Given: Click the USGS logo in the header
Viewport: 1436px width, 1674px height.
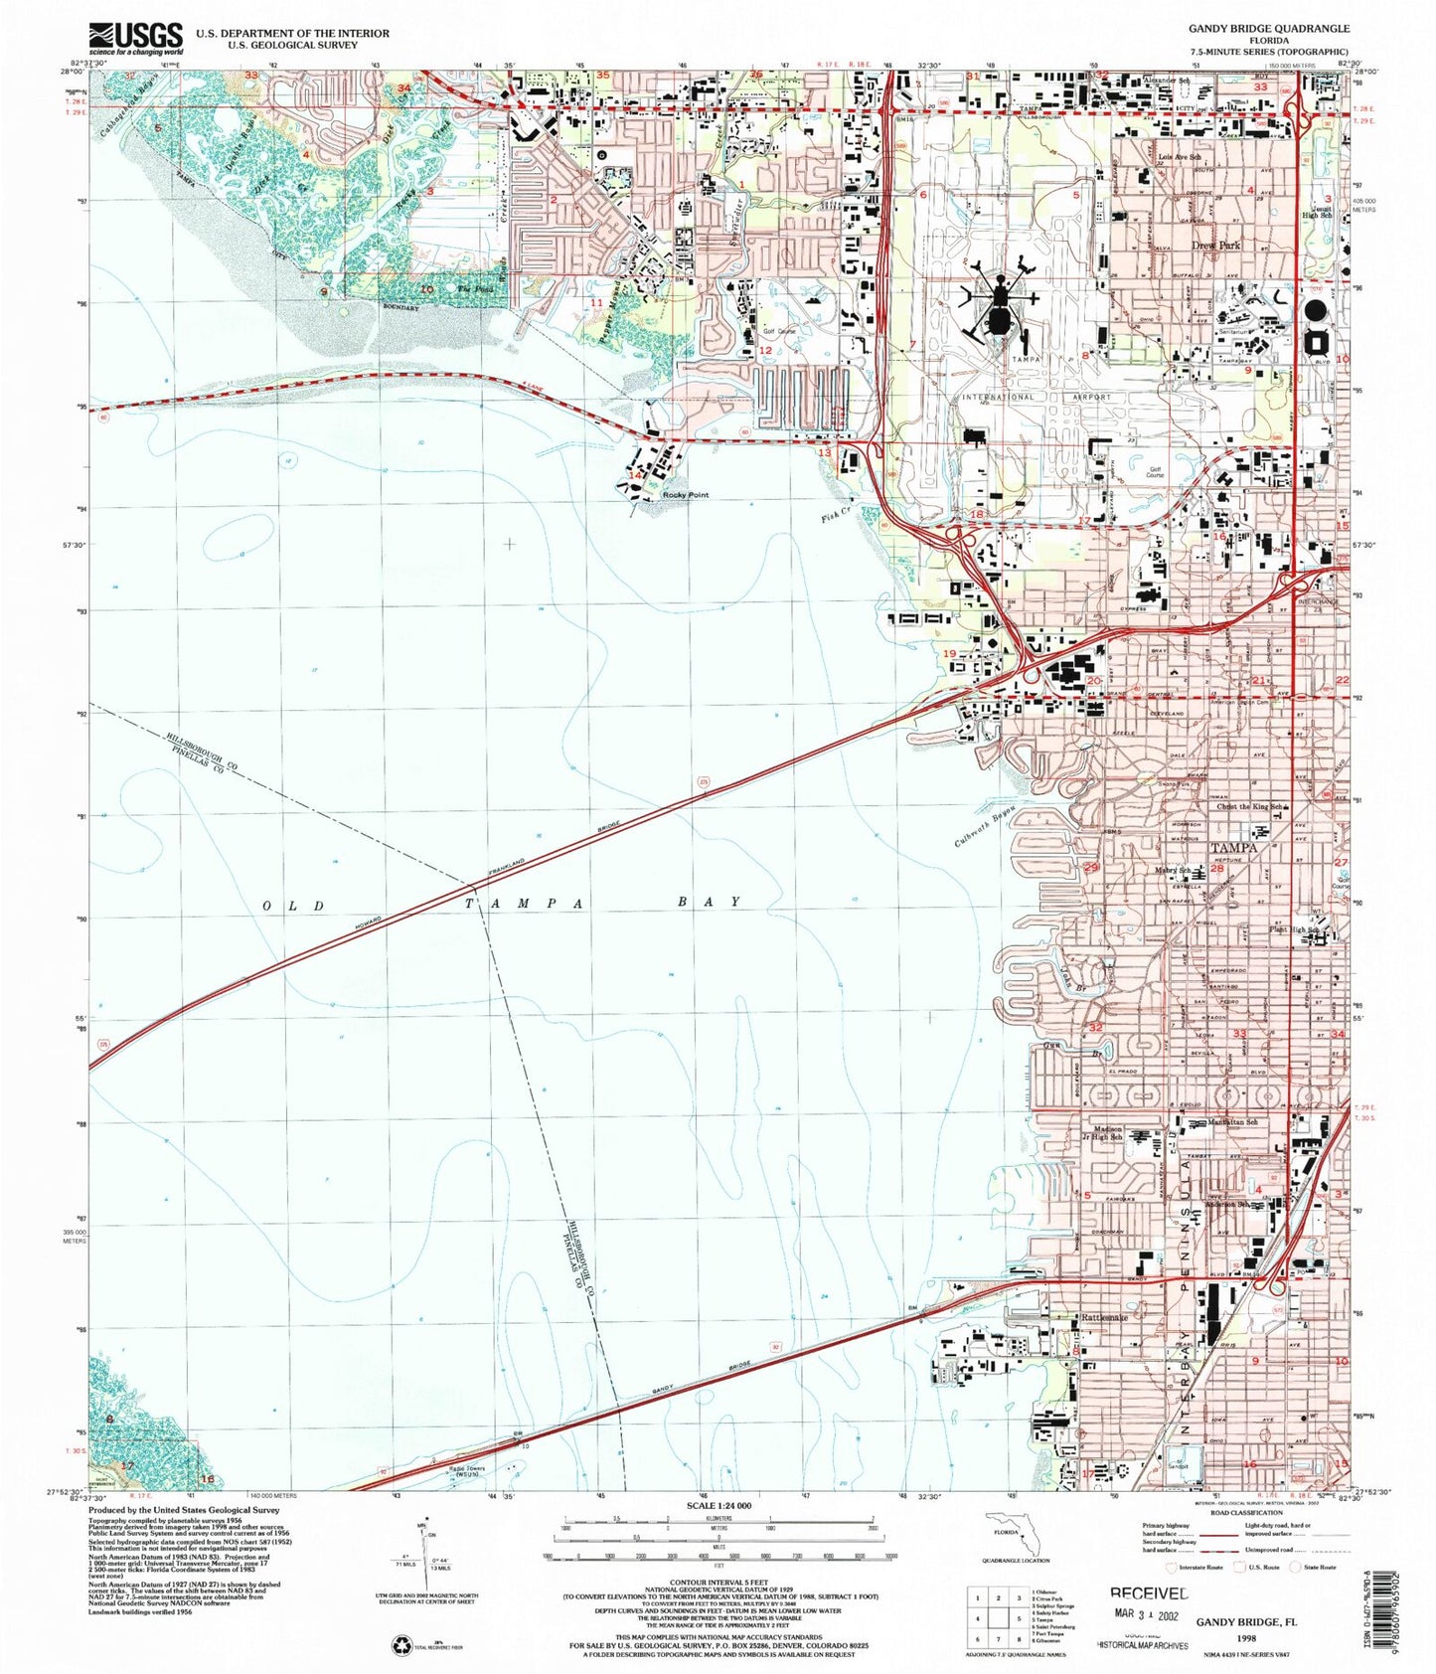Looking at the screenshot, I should pyautogui.click(x=136, y=38).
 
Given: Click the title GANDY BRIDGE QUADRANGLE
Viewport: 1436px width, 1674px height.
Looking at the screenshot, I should pyautogui.click(x=1269, y=29).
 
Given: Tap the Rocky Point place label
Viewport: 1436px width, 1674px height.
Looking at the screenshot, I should pyautogui.click(x=686, y=495).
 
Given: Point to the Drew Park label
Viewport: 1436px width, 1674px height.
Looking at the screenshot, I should pyautogui.click(x=1216, y=245).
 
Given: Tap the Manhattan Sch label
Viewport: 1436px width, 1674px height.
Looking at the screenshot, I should pyautogui.click(x=1231, y=1121).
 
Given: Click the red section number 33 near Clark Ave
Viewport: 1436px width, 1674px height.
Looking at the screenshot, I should pyautogui.click(x=1239, y=1034).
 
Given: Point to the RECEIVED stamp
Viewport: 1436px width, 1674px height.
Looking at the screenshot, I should pyautogui.click(x=1148, y=1592).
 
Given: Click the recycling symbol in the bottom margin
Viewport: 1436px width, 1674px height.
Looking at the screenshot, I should pyautogui.click(x=401, y=1645).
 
